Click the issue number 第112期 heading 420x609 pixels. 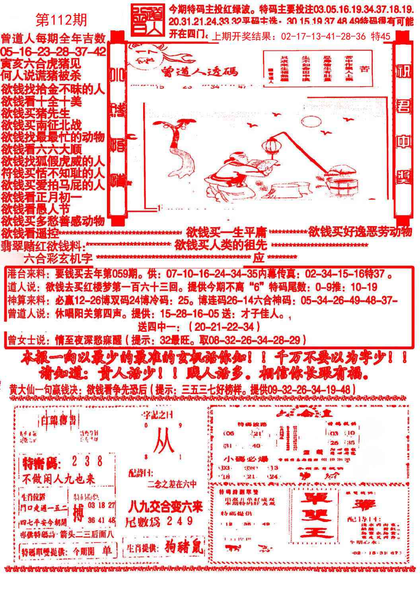coord(61,20)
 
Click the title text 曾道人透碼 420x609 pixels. coord(200,72)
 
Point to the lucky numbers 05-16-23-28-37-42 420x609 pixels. coord(53,51)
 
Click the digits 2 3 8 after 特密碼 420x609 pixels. coord(87,462)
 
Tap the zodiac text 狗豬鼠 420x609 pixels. coord(183,548)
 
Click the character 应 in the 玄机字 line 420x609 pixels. coord(259,258)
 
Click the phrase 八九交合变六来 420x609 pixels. coord(165,507)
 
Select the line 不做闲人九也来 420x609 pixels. coord(58,478)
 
